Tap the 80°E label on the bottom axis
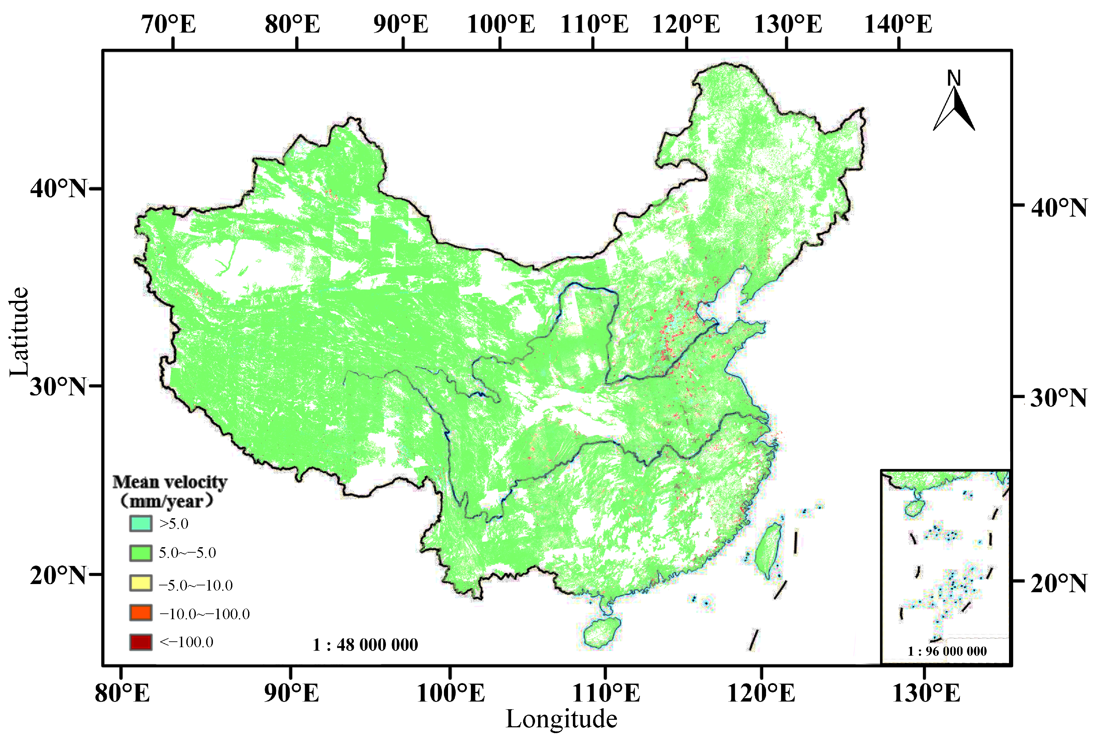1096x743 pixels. [122, 693]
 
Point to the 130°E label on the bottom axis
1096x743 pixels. [926, 693]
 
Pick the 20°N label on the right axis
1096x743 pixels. [1059, 583]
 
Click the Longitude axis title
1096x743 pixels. [561, 719]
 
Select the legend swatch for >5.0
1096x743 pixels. [141, 523]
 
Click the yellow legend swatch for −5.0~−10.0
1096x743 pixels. [141, 583]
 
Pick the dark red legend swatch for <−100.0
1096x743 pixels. [141, 642]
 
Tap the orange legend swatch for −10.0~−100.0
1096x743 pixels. [141, 613]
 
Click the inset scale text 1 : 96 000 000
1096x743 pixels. [947, 652]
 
